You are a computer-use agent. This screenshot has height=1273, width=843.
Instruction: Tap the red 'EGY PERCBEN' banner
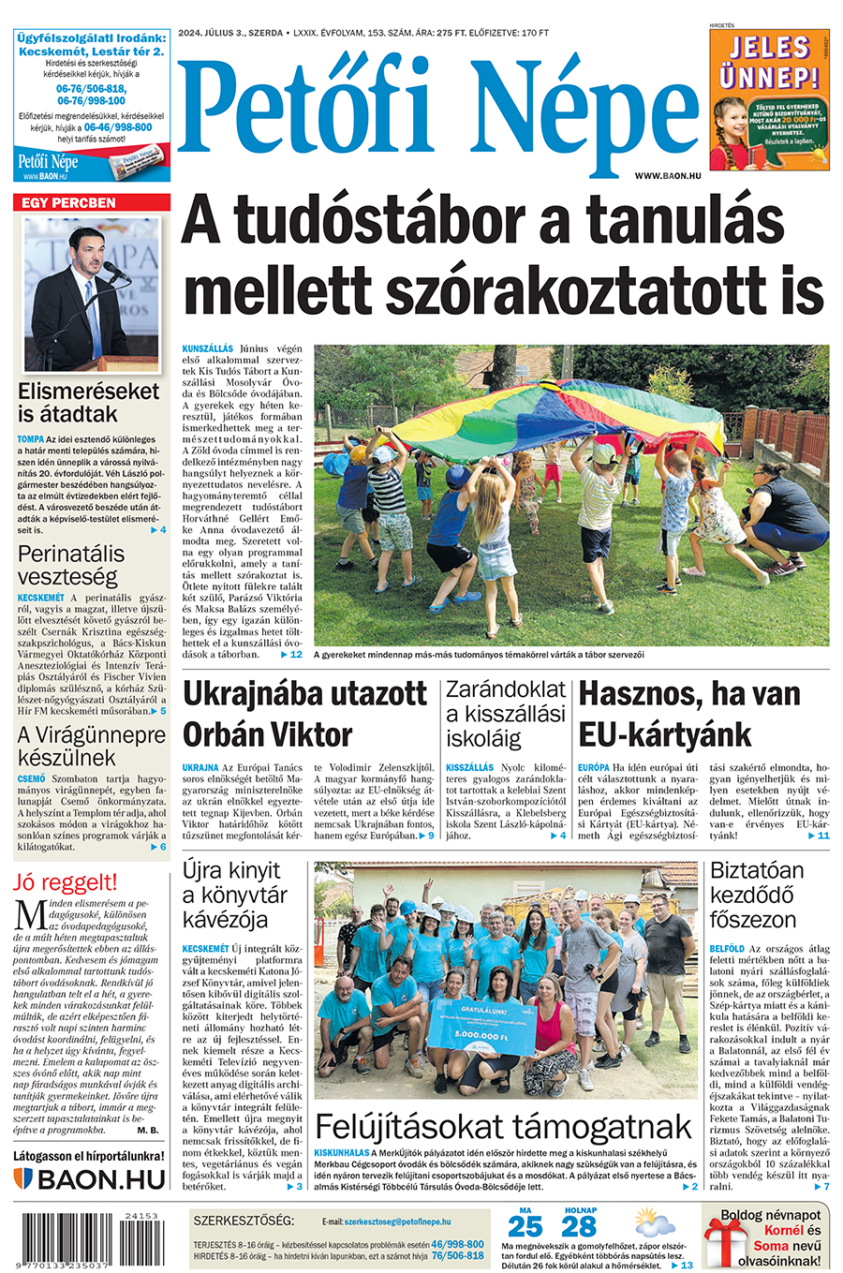(92, 202)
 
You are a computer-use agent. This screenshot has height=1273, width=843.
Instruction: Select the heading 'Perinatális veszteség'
(70, 565)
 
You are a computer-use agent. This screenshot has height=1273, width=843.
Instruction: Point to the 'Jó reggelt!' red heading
(65, 881)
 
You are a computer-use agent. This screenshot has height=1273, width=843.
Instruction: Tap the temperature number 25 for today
(525, 1226)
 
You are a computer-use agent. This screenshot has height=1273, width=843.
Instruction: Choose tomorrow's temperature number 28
(580, 1226)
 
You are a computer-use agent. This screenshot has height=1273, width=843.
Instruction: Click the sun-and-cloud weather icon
(654, 1221)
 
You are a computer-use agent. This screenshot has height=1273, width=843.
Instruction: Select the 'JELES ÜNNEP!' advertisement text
(769, 62)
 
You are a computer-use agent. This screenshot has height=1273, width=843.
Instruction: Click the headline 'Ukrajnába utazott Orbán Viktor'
(304, 715)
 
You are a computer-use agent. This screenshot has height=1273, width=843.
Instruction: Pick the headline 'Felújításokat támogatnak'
(503, 1125)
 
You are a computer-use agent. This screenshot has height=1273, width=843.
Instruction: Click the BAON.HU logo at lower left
(90, 1179)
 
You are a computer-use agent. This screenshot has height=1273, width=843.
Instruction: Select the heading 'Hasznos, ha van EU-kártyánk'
(689, 715)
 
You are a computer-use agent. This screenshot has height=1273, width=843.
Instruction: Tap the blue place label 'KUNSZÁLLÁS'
(207, 348)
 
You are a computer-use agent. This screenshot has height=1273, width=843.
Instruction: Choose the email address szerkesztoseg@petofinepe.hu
(397, 1222)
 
